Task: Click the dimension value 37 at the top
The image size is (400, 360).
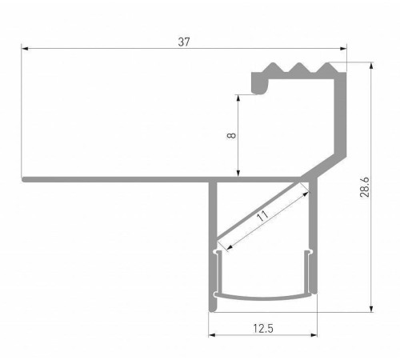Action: (x=184, y=42)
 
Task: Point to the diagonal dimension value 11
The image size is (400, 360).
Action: (x=262, y=216)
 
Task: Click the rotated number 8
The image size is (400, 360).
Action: (x=230, y=136)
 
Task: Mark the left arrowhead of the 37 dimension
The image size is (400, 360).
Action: (x=25, y=50)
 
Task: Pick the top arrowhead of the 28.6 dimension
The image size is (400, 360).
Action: (x=372, y=68)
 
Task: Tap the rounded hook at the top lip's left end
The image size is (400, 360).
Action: (x=258, y=82)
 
